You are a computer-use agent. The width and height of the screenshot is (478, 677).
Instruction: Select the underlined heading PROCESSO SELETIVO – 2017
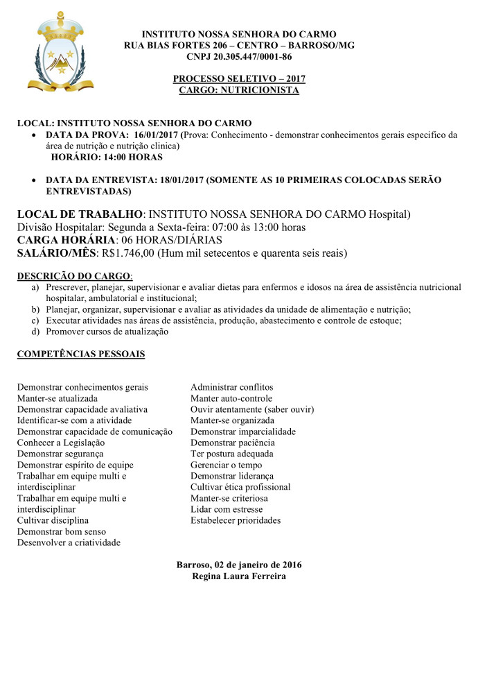pos(239,79)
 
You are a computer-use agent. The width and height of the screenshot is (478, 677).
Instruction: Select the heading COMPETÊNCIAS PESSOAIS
pos(81,354)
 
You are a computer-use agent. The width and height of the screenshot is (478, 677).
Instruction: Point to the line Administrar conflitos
pos(232,387)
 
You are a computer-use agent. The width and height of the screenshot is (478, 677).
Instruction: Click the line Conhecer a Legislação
pos(61,443)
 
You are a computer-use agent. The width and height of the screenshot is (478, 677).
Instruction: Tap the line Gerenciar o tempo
pos(227,465)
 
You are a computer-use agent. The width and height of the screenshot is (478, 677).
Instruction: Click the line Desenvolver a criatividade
pos(69,542)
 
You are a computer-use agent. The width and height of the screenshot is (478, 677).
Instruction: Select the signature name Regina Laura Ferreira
pos(239,576)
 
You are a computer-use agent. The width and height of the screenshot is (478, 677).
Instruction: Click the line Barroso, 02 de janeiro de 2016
pos(239,565)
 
